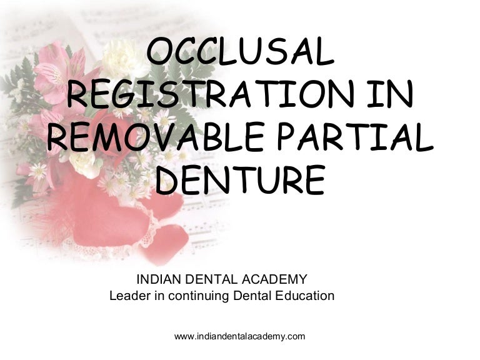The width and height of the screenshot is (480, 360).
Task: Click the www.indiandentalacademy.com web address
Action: pos(239,336)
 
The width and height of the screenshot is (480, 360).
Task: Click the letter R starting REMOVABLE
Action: pos(59,138)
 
